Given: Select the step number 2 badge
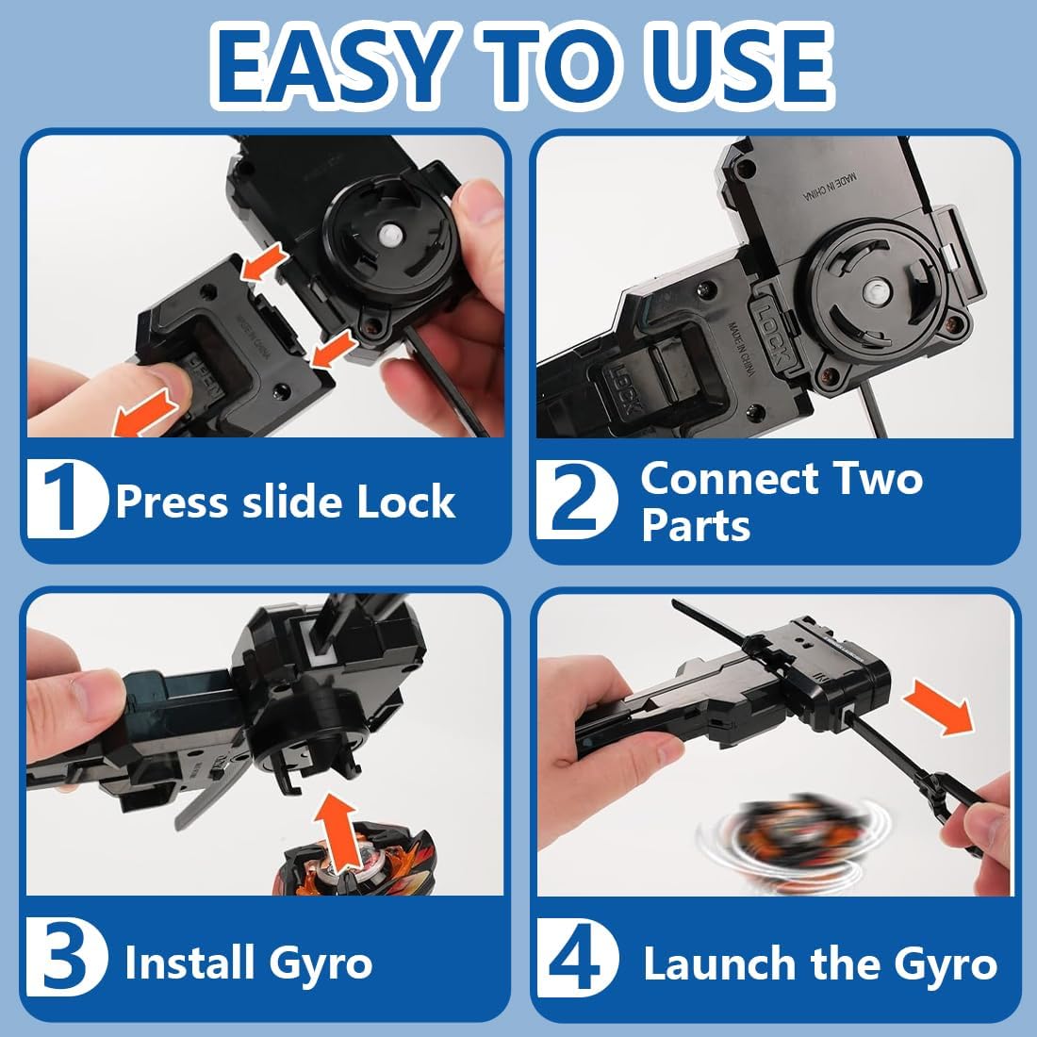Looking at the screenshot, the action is pyautogui.click(x=577, y=500).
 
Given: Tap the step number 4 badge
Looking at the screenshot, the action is pyautogui.click(x=577, y=958).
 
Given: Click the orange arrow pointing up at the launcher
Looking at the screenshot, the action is pyautogui.click(x=337, y=834).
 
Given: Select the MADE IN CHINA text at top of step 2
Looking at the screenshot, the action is pyautogui.click(x=830, y=188).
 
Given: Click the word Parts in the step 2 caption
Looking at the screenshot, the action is pyautogui.click(x=696, y=526).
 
